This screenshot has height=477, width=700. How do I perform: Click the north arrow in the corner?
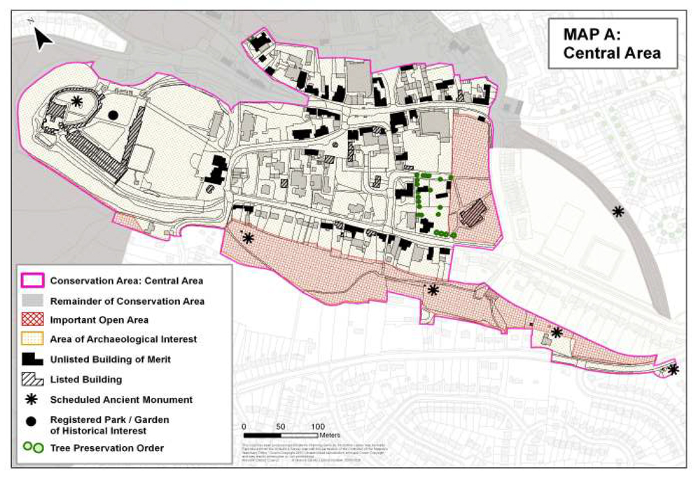pyautogui.click(x=43, y=39)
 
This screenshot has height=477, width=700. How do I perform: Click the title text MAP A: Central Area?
pyautogui.click(x=612, y=43)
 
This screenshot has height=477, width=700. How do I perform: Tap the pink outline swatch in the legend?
pyautogui.click(x=33, y=281)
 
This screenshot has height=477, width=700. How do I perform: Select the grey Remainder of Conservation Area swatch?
pyautogui.click(x=33, y=300)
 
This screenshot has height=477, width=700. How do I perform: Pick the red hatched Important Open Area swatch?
pyautogui.click(x=33, y=320)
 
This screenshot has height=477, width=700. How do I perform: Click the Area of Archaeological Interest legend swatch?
pyautogui.click(x=33, y=340)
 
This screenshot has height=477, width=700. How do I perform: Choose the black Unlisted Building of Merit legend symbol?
pyautogui.click(x=33, y=359)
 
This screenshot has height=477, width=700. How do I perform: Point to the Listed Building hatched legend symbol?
pyautogui.click(x=33, y=379)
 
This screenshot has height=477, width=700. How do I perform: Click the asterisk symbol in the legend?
pyautogui.click(x=33, y=399)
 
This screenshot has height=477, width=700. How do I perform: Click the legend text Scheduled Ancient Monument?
pyautogui.click(x=121, y=399)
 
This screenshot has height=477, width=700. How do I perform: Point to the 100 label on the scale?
pyautogui.click(x=317, y=427)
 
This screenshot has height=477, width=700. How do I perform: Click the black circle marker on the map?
pyautogui.click(x=113, y=115)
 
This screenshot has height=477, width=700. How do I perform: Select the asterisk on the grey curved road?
pyautogui.click(x=617, y=211)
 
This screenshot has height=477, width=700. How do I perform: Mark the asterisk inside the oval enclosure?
pyautogui.click(x=77, y=102)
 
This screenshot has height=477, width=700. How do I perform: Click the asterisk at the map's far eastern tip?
pyautogui.click(x=673, y=369)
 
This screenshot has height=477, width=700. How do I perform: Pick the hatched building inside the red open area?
pyautogui.click(x=475, y=212)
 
